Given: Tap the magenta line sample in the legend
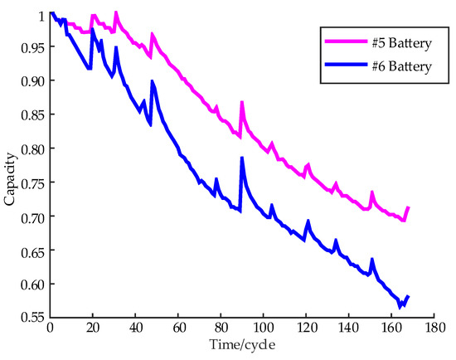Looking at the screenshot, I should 343,40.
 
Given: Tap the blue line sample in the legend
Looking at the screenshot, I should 343,66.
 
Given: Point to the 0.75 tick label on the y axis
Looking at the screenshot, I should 32,182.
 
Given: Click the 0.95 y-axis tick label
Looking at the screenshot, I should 32,47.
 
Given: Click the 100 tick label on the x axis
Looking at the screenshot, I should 263,328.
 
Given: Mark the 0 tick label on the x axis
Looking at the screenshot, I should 51,328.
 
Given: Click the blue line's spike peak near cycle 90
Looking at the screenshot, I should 242,158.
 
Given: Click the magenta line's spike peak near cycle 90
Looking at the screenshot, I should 242,103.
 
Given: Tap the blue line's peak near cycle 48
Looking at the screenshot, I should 152,81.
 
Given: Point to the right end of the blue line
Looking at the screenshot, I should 409,296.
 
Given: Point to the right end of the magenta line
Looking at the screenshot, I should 409,207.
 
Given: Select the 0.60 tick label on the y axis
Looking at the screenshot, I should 32,284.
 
